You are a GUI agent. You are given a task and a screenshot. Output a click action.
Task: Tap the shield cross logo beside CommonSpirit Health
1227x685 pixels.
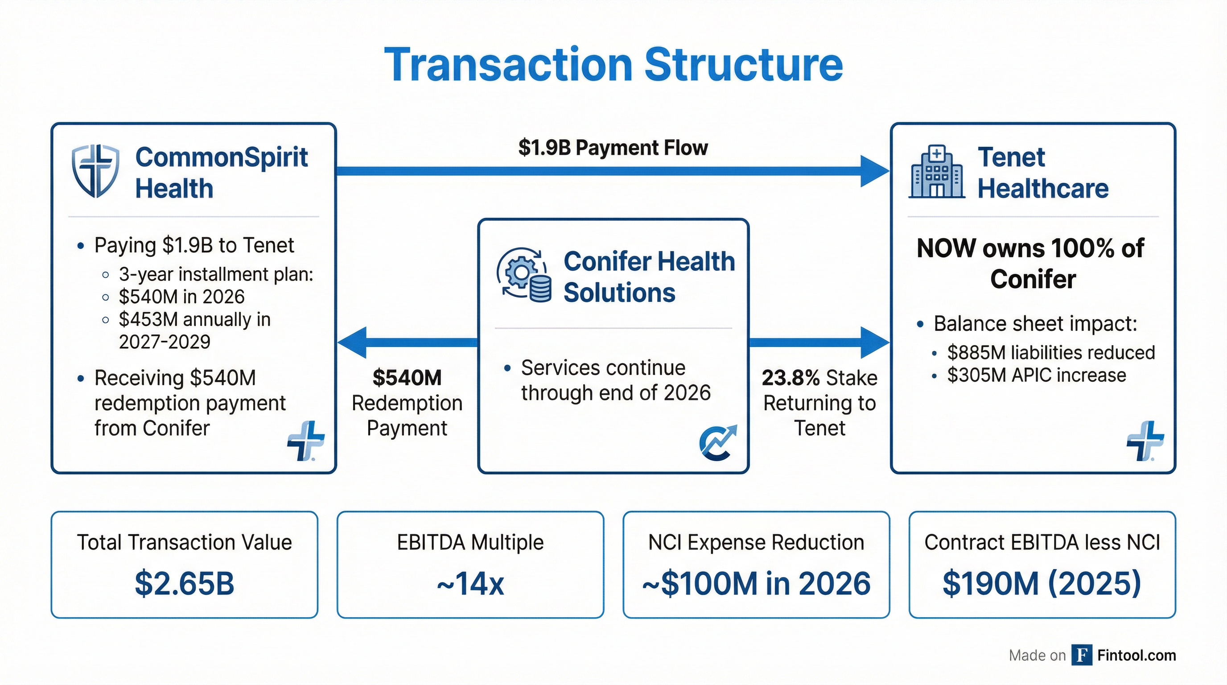[x=95, y=171]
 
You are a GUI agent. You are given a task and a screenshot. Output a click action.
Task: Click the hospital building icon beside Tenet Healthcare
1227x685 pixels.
[x=936, y=172]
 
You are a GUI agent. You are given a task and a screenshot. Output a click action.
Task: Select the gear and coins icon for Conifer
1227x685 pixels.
[x=524, y=275]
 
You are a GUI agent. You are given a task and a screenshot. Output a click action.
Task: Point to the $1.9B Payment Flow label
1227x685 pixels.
[x=613, y=148]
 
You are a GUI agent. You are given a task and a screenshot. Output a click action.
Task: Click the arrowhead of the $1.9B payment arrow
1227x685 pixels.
[x=874, y=171]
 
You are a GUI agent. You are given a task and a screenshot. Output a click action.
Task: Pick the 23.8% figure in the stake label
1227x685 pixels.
[x=790, y=378]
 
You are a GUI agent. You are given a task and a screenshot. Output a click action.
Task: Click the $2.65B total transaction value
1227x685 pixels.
[x=184, y=583]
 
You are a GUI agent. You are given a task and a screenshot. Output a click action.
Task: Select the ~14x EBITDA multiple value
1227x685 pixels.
[x=470, y=583]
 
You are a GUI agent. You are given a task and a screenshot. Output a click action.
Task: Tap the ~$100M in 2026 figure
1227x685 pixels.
[x=756, y=583]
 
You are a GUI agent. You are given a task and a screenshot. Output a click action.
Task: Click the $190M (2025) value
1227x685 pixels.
[x=1042, y=583]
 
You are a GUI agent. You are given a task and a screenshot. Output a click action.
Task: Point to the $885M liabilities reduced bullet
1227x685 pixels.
[x=1051, y=352]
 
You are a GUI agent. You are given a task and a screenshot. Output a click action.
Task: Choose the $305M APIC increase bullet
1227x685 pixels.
[x=1037, y=376]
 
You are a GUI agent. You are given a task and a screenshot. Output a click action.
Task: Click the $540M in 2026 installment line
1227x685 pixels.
[x=181, y=297]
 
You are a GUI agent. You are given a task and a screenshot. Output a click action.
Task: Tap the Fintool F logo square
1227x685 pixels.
[x=1082, y=655]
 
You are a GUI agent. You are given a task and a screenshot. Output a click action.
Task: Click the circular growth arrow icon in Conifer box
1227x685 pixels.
[x=717, y=442]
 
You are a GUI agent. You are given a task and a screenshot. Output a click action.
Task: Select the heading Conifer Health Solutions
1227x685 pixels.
[x=649, y=277]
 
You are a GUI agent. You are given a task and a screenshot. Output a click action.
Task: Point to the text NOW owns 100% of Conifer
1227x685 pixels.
[x=1030, y=264]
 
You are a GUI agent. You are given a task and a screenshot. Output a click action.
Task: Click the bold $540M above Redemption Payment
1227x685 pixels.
[x=407, y=378]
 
